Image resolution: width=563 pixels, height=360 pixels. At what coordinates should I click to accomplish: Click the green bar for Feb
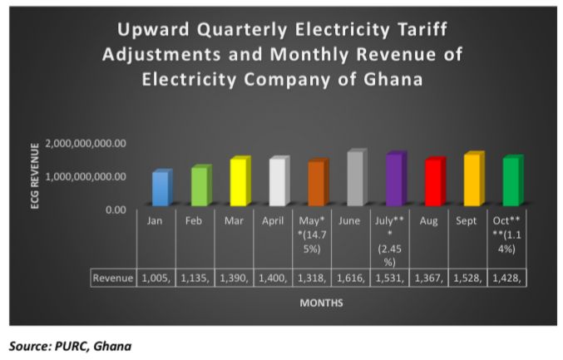199,185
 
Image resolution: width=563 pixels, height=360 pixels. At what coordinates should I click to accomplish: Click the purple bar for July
394,179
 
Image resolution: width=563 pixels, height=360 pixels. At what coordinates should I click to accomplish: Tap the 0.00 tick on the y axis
113,210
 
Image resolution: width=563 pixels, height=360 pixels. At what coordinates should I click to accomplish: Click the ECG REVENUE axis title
35,175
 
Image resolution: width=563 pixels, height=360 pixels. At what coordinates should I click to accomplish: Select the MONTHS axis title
322,303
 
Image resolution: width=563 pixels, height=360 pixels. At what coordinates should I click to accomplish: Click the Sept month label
470,221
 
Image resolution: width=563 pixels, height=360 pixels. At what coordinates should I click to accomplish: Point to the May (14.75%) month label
313,234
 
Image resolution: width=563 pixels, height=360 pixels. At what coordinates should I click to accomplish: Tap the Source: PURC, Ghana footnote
71,345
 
